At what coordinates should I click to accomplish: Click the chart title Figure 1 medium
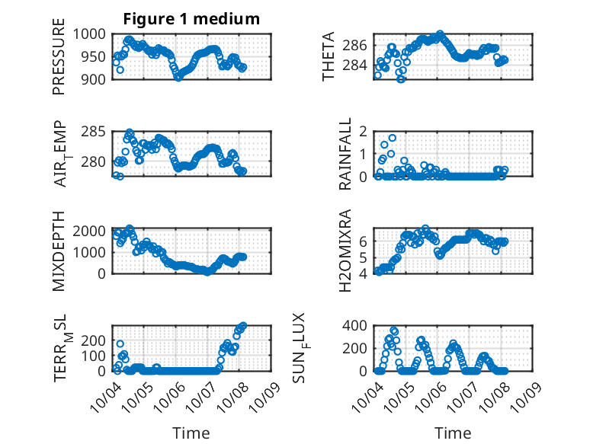(191, 18)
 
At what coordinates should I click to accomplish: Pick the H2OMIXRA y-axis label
(345, 250)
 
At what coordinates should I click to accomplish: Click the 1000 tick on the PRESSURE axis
(94, 34)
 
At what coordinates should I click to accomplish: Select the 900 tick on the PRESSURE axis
(98, 78)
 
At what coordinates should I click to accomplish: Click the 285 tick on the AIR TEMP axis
(98, 132)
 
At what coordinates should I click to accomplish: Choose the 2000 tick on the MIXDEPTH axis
(94, 231)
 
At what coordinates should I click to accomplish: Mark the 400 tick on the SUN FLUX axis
(357, 325)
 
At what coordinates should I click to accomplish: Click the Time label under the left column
(191, 433)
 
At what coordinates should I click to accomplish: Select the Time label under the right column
(453, 433)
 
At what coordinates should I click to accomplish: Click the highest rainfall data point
(393, 138)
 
